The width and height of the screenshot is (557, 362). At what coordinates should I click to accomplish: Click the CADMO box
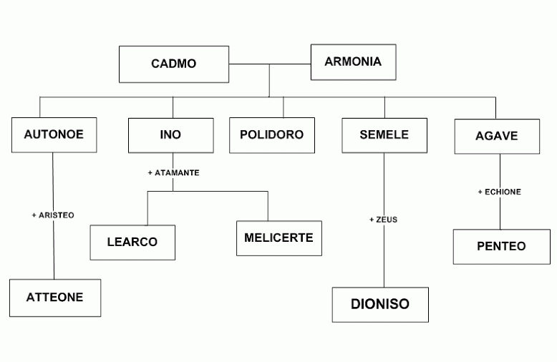[x=173, y=64]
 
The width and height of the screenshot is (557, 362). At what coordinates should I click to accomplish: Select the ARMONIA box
[x=352, y=62]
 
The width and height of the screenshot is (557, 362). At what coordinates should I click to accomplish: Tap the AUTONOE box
[x=53, y=134]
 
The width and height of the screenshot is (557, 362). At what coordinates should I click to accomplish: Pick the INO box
[x=170, y=134]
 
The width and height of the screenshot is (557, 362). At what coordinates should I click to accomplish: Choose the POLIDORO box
[x=271, y=134]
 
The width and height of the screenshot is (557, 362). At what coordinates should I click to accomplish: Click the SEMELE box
[x=384, y=134]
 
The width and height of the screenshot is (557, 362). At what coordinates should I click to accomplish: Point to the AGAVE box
[x=497, y=136]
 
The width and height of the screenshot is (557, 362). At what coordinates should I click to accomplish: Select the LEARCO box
[x=132, y=242]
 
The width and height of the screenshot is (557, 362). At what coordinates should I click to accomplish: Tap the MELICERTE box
[x=278, y=238]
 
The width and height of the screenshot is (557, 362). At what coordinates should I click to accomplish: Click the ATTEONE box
[x=54, y=298]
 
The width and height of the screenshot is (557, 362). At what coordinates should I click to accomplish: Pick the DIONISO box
[x=379, y=304]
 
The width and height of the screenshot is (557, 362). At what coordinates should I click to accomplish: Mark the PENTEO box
[x=501, y=246]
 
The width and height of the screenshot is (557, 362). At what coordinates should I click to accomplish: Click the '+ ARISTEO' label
[x=53, y=215]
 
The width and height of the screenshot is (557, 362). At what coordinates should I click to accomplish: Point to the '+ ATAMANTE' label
[x=173, y=172]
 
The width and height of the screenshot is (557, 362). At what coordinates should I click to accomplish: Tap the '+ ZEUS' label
[x=383, y=220]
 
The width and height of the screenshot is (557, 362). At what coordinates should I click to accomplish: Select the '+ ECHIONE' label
[x=499, y=192]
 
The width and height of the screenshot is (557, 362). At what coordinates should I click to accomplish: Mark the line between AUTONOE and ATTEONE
[x=54, y=250]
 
